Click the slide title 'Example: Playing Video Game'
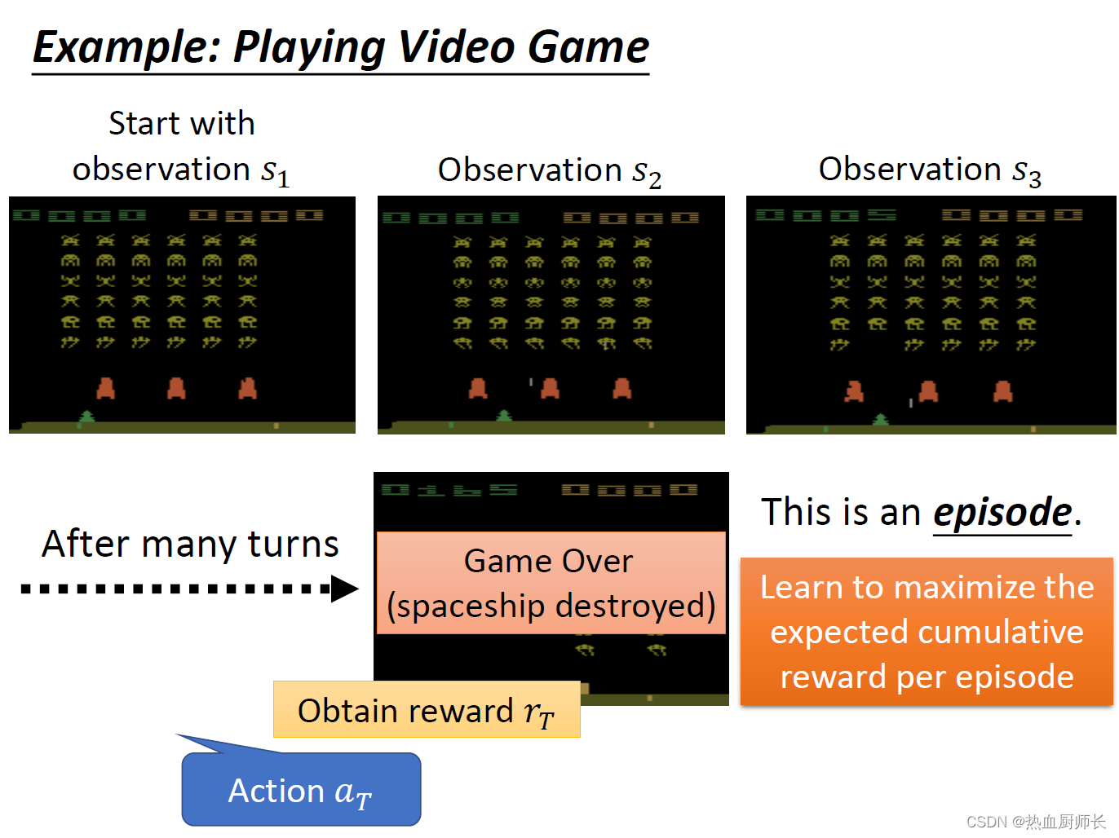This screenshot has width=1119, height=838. pyautogui.click(x=341, y=47)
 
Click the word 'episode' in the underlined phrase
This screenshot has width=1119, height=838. pyautogui.click(x=1002, y=513)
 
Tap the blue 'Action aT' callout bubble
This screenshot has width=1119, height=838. pyautogui.click(x=301, y=790)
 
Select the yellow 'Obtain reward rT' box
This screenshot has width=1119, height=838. pyautogui.click(x=426, y=710)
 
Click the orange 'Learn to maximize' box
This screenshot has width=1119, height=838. pyautogui.click(x=927, y=632)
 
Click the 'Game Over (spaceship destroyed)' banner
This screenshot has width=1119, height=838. pyautogui.click(x=551, y=584)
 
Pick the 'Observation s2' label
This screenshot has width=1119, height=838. pyautogui.click(x=549, y=171)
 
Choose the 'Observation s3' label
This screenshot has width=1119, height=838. pyautogui.click(x=930, y=170)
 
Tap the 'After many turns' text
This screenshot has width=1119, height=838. pyautogui.click(x=190, y=544)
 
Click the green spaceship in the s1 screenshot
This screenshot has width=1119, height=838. pyautogui.click(x=86, y=417)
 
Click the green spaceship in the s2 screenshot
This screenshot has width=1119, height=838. pyautogui.click(x=505, y=417)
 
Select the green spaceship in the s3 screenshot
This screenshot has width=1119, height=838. pyautogui.click(x=881, y=420)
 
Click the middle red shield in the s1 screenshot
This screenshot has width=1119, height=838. pyautogui.click(x=176, y=388)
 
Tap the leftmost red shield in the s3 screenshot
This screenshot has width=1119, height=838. pyautogui.click(x=854, y=392)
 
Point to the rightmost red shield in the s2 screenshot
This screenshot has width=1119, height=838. pyautogui.click(x=622, y=388)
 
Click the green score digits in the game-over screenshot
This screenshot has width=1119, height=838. pyautogui.click(x=449, y=490)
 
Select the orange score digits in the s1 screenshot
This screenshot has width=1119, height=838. pyautogui.click(x=256, y=215)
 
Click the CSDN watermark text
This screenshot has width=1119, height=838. pyautogui.click(x=1036, y=822)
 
